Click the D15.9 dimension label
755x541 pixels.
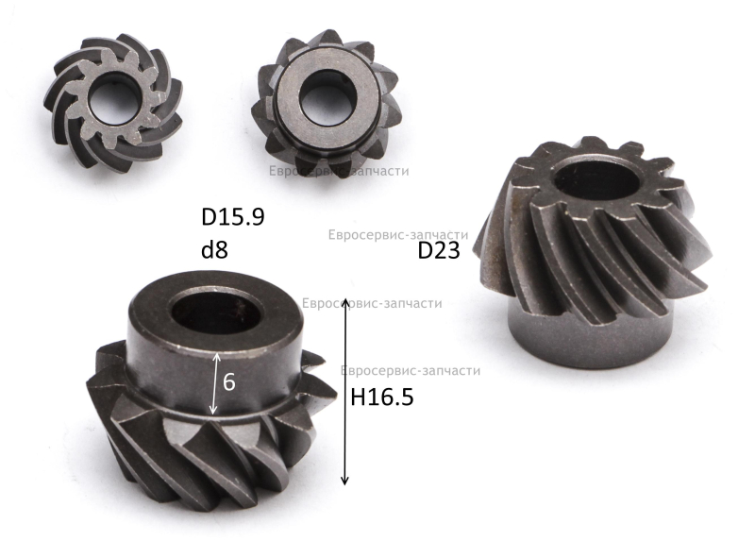point(232,217)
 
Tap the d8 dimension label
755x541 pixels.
point(215,249)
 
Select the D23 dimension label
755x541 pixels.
point(439,250)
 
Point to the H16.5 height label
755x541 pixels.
point(382,397)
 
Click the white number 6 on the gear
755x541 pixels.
point(229,382)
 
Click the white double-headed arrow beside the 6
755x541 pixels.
point(215,384)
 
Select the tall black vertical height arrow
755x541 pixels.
point(344,392)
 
